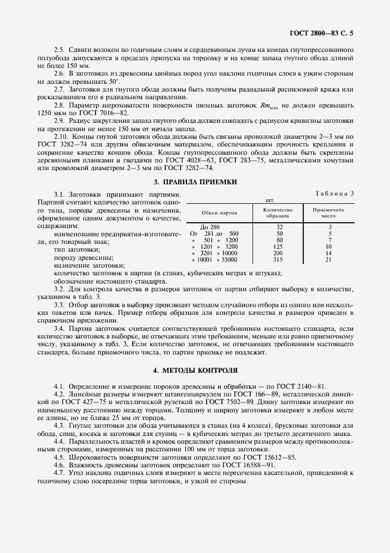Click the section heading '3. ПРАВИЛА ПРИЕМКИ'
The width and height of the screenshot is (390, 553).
click(195, 182)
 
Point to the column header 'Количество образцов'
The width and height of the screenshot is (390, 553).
click(279, 213)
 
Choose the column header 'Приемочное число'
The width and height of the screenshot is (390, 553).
click(329, 213)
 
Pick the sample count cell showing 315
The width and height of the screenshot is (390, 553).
click(279, 259)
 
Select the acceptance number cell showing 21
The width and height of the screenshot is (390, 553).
click(329, 259)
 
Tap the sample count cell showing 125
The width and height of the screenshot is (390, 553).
click(279, 246)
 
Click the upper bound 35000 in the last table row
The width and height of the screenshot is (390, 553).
click(228, 259)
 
